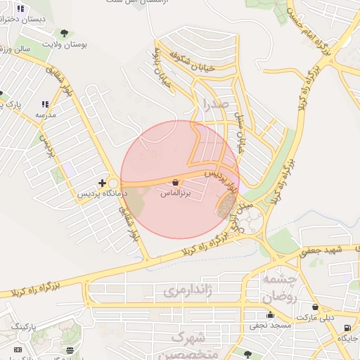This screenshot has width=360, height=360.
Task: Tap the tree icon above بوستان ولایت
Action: (x=65, y=32)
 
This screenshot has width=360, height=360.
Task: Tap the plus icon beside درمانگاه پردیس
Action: (x=102, y=183)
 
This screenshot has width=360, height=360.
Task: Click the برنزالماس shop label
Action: (x=176, y=191)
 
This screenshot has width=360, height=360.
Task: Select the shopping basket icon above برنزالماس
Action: (x=174, y=181)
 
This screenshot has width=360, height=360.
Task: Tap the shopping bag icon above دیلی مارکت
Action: (x=314, y=307)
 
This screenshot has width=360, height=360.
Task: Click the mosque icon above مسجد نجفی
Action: (x=270, y=315)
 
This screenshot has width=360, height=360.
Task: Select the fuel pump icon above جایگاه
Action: (x=347, y=328)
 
